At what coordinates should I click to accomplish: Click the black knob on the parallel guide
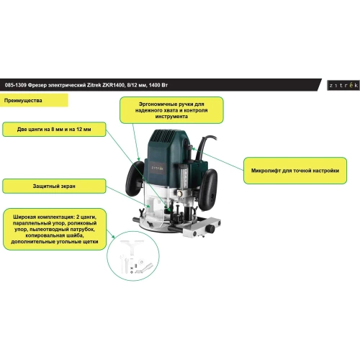pos(212,229)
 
